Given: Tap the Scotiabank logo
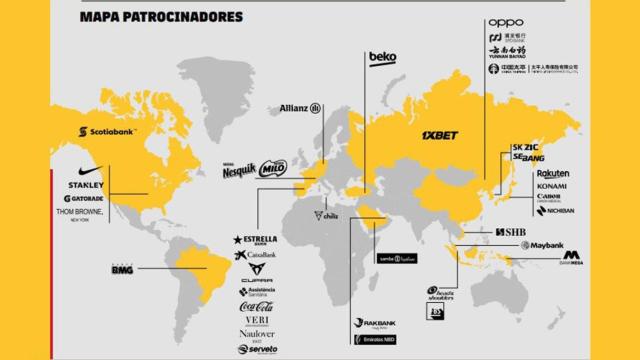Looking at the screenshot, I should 110,131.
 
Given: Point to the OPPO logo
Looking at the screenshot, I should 506,23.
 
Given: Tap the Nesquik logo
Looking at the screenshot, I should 238,170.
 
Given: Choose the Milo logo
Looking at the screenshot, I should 272,171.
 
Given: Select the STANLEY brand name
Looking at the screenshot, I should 85,185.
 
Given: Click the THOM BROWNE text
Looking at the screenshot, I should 84,213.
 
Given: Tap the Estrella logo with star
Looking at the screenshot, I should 255,240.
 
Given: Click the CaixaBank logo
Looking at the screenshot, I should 255,256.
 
